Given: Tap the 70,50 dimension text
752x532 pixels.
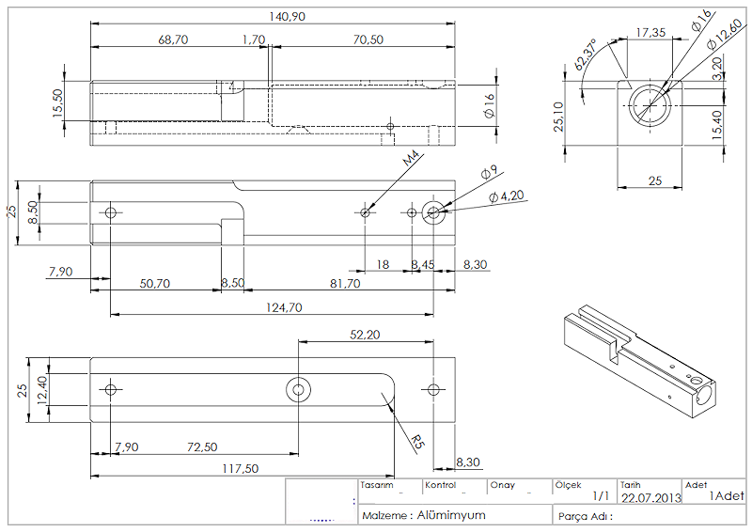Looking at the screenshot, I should point(368,39).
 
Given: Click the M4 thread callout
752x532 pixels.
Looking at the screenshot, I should point(411,160).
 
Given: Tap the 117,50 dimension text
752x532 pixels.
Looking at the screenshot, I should point(241,468).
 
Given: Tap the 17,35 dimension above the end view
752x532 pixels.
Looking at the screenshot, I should point(650,32).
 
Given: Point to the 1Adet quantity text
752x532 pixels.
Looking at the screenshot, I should point(727,495).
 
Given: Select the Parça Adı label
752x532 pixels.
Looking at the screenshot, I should point(585,516).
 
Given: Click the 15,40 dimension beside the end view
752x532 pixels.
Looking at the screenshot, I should point(718,125).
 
